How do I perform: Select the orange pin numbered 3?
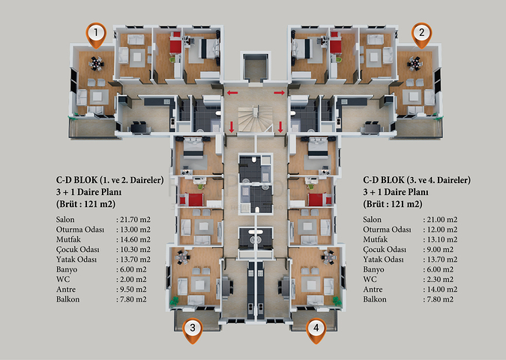pos(193,331)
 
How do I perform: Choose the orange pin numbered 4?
pos(316,331)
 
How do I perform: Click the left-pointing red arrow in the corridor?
pos(232,93)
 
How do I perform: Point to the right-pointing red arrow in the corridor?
pos(279,93)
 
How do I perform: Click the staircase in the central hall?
pos(256,118)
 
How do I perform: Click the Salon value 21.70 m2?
pos(135,220)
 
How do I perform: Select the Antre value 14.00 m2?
pos(442,289)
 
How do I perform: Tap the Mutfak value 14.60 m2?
pos(135,239)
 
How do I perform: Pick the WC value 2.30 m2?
pos(440,279)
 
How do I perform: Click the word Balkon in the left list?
pos(67,299)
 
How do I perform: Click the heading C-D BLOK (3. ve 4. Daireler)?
pos(417,180)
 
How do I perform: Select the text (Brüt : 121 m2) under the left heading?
pos(85,204)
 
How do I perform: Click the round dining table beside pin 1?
pos(96,63)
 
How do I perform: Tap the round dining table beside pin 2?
pos(415,63)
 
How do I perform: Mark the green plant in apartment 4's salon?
pos(337,301)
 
